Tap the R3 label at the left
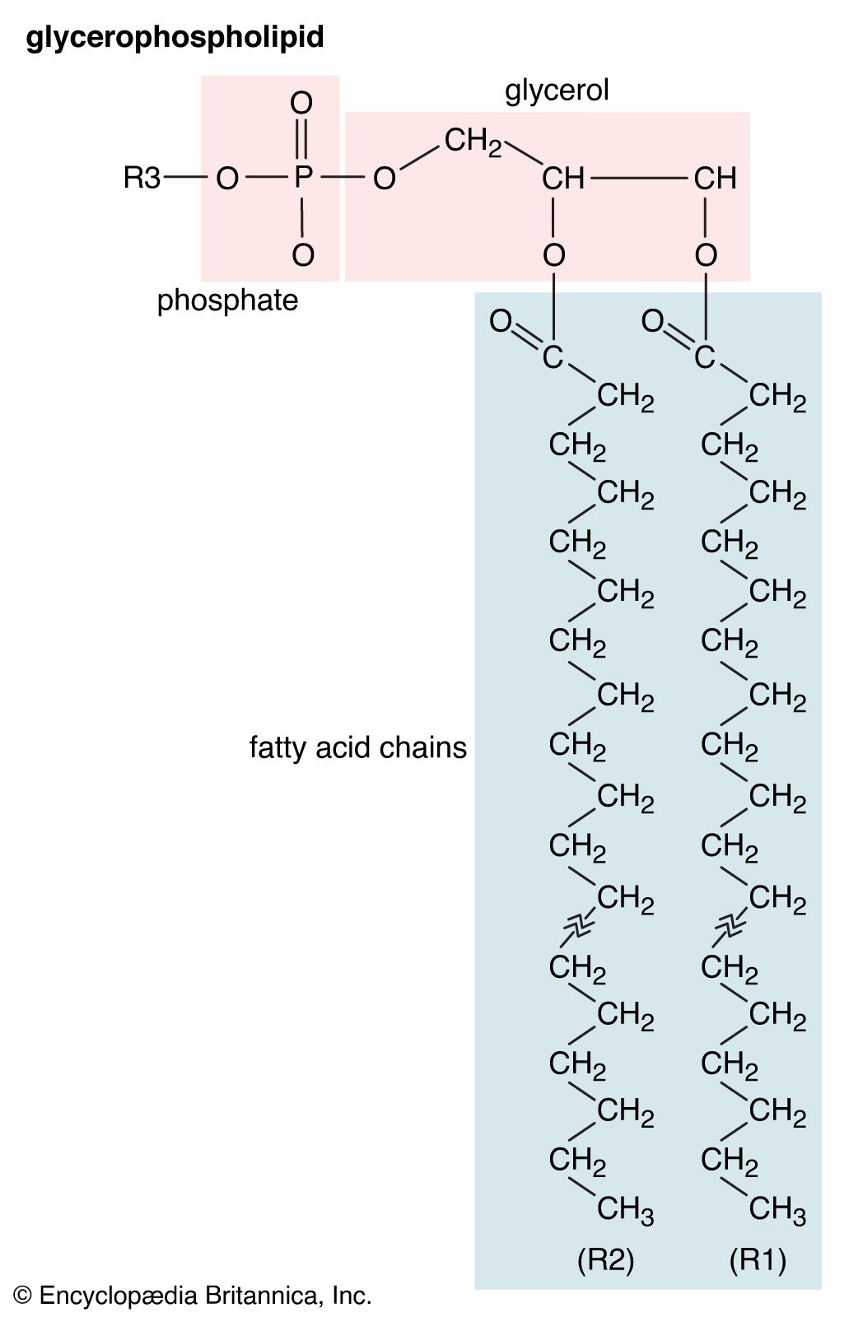[x=142, y=178]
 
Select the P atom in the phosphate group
[x=303, y=177]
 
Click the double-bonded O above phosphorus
[x=301, y=103]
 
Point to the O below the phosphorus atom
[x=303, y=254]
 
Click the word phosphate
[x=228, y=301]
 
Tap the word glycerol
[x=557, y=91]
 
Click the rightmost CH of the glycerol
[x=715, y=178]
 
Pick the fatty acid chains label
[x=357, y=748]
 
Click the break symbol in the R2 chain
[x=579, y=928]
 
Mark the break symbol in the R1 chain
[x=730, y=928]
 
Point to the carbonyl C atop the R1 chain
[x=704, y=357]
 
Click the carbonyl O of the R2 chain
[x=501, y=321]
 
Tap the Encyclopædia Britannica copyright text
[x=193, y=1296]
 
